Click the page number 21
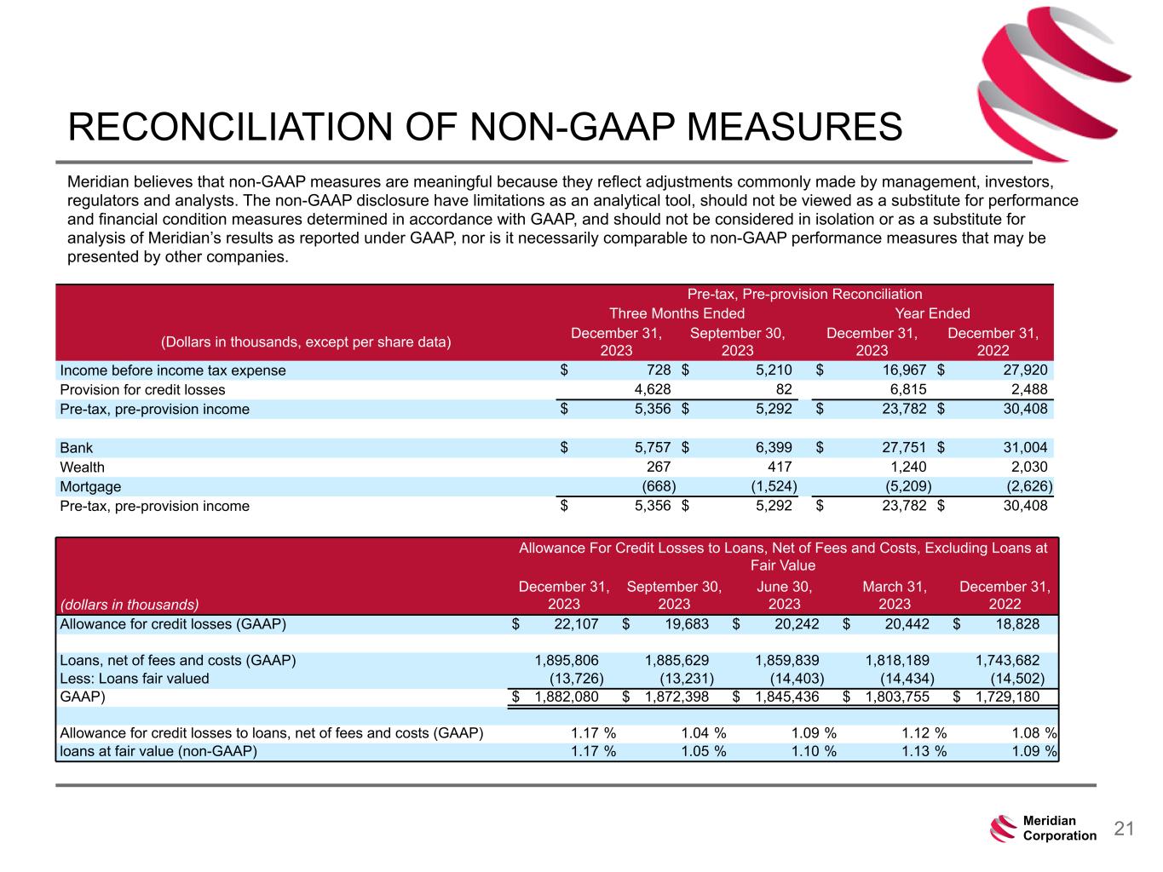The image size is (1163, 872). coord(1125,829)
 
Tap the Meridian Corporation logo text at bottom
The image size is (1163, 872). coord(1059,829)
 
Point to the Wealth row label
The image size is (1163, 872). coord(83,467)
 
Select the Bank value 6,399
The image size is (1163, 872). coord(773,448)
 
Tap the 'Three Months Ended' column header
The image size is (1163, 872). coord(676,313)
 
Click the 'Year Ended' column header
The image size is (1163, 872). coord(932,313)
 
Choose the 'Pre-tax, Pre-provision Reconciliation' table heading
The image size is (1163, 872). coord(804,294)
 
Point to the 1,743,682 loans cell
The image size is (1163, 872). coord(1007,660)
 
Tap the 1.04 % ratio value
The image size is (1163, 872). coord(703,732)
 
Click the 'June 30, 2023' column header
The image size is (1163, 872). coord(784,595)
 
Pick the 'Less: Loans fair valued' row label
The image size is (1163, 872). coord(135,679)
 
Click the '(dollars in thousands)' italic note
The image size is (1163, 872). coord(129,605)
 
